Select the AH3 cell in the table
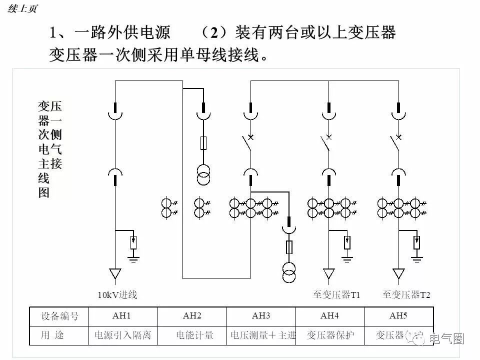pyautogui.click(x=261, y=316)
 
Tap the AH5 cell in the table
pyautogui.click(x=398, y=316)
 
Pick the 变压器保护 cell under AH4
pyautogui.click(x=330, y=335)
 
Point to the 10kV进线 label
pyautogui.click(x=117, y=294)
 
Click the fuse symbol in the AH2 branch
pyautogui.click(x=203, y=143)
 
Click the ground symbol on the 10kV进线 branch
pyautogui.click(x=133, y=258)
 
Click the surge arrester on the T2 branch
pyautogui.click(x=416, y=242)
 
